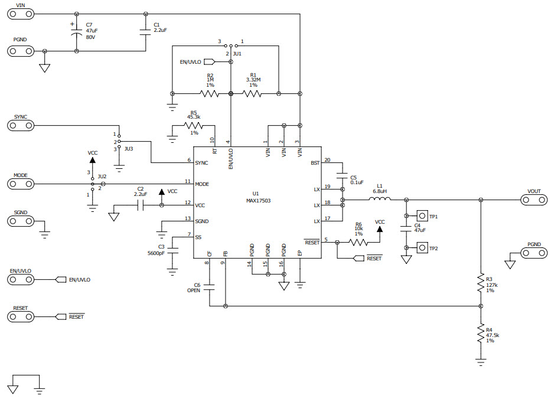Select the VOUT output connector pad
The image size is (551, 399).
tap(534, 199)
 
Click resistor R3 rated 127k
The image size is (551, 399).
tap(481, 284)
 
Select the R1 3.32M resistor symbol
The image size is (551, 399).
tap(253, 93)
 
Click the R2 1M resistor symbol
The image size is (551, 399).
tap(210, 93)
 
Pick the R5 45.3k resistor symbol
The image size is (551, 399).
tap(193, 125)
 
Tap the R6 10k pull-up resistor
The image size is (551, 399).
tap(358, 242)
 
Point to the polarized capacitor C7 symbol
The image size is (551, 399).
tap(76, 32)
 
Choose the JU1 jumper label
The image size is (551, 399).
tap(237, 54)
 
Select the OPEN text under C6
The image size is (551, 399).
tap(194, 290)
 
